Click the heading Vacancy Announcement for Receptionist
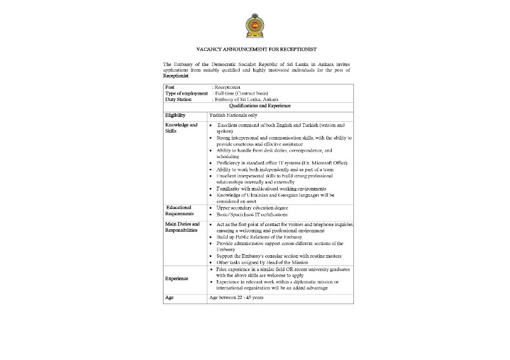point(256,49)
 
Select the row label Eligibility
point(175,115)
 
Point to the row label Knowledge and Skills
point(181,128)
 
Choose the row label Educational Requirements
point(180,211)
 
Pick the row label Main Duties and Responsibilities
point(182,227)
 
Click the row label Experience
point(177,278)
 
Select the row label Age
point(169,297)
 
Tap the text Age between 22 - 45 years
point(236,297)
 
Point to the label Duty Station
point(178,100)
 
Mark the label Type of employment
point(186,93)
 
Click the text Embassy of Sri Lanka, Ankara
point(247,100)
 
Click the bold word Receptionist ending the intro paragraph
point(176,76)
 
